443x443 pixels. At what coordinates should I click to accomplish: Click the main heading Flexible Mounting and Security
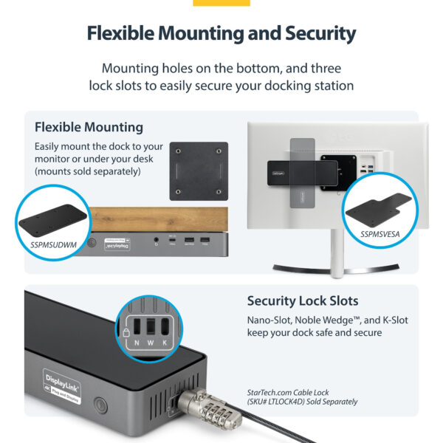click(221, 34)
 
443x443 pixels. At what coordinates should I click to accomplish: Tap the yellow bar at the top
click(221, 3)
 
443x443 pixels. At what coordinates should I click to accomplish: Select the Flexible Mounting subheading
click(89, 127)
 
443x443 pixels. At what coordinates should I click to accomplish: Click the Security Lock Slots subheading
click(303, 301)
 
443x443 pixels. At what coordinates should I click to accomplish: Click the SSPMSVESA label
click(381, 234)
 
